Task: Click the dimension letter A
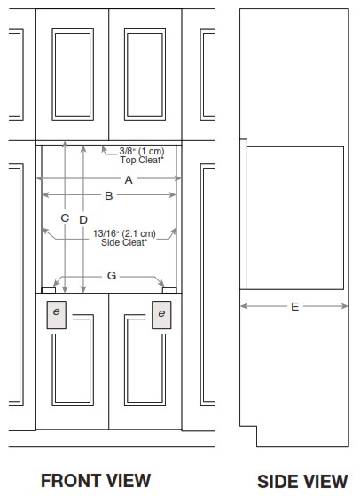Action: click(x=129, y=179)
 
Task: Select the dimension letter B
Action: click(x=109, y=196)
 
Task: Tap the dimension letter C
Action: click(x=65, y=217)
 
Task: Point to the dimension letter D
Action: click(x=83, y=219)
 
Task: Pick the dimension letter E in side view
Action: click(x=294, y=306)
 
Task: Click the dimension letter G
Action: click(x=112, y=276)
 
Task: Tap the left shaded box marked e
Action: click(x=57, y=315)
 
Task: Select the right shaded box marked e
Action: click(x=161, y=315)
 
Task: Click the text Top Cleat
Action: click(x=142, y=160)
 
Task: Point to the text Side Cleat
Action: click(x=124, y=242)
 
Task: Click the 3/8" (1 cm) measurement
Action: click(x=142, y=151)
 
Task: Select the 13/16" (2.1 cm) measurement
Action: click(x=124, y=233)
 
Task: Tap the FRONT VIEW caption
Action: click(x=96, y=481)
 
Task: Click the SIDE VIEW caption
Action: click(x=302, y=482)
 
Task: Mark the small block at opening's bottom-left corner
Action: click(x=49, y=290)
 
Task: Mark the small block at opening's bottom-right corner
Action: click(x=169, y=290)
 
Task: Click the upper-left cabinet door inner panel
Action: click(x=73, y=75)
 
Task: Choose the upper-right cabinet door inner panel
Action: click(x=145, y=75)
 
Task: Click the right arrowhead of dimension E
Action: click(x=345, y=306)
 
